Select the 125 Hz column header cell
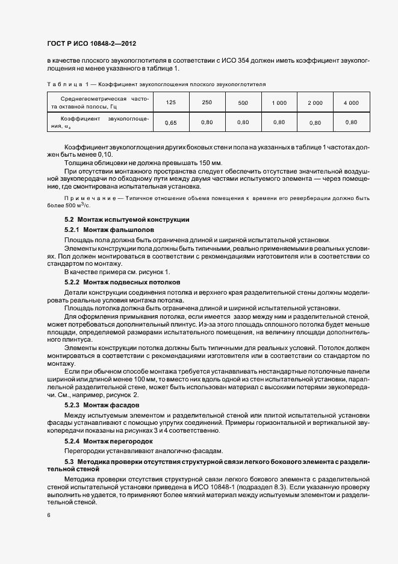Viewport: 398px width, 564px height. (170, 103)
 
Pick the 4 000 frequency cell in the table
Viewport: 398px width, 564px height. (351, 103)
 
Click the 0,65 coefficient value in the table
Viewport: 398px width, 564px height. (170, 122)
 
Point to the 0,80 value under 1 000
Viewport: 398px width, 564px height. (279, 122)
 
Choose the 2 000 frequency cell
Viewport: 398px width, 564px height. (315, 103)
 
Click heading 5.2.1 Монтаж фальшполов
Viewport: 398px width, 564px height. (108, 231)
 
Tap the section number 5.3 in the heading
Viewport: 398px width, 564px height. (69, 461)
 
